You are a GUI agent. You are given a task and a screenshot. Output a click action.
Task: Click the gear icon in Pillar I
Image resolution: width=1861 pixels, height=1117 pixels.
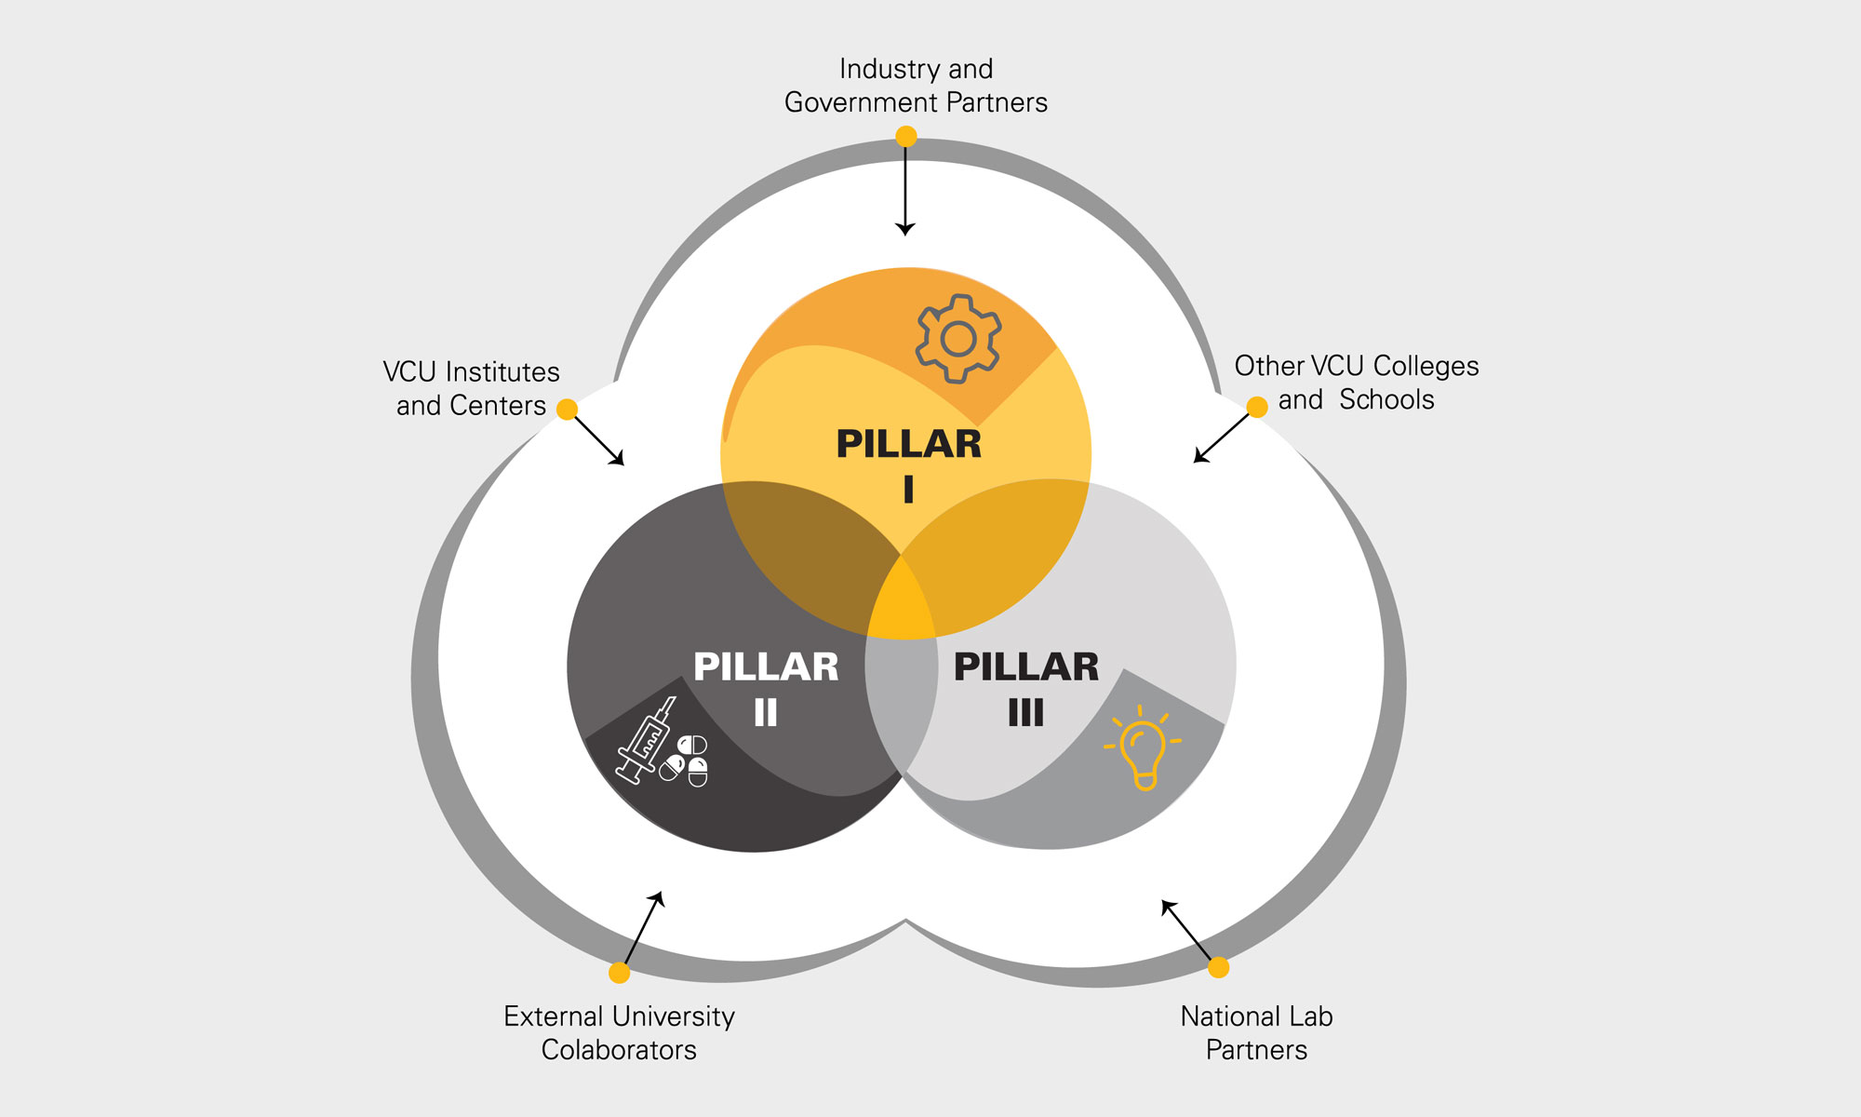coord(958,339)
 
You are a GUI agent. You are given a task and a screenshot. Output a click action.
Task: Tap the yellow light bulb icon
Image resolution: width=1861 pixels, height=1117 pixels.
coord(1143,748)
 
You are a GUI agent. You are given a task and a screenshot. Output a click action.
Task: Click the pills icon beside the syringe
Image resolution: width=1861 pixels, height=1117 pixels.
coord(686,760)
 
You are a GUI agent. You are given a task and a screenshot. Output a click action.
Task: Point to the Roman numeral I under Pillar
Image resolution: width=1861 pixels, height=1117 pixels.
coord(908,490)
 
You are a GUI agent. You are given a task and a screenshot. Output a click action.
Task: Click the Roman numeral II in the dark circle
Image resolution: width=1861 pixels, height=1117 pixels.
coord(765,713)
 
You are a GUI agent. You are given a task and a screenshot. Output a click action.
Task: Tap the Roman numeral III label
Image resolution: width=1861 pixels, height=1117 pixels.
coord(1026,713)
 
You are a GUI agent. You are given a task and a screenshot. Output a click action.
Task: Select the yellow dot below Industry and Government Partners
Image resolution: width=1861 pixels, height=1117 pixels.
coord(905,137)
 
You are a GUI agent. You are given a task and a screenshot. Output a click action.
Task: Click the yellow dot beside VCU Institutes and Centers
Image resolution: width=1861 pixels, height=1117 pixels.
coord(567,410)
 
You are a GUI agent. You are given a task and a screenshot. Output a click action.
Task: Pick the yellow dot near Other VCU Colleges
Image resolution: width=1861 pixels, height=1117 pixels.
coord(1257,407)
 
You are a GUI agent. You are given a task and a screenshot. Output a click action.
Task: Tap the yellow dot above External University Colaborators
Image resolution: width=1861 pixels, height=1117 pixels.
coord(619,973)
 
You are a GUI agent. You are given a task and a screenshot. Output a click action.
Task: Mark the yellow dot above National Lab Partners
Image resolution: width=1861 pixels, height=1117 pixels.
coord(1218,967)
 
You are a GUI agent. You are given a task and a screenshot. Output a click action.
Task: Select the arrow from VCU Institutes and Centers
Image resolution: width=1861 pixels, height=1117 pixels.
coord(599,440)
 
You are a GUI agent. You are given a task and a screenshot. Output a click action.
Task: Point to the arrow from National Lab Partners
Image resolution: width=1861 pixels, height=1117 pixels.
coord(1186,930)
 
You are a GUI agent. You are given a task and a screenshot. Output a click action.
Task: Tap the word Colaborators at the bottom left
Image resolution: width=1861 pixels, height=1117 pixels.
coord(619,1050)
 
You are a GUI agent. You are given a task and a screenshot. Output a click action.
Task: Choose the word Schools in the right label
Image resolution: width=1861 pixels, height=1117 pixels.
coord(1386,400)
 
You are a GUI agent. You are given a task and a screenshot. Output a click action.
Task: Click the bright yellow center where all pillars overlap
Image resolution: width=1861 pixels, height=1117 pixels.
coord(901,605)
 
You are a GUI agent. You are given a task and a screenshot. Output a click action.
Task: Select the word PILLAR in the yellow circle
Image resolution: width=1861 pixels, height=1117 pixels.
coord(909,444)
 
